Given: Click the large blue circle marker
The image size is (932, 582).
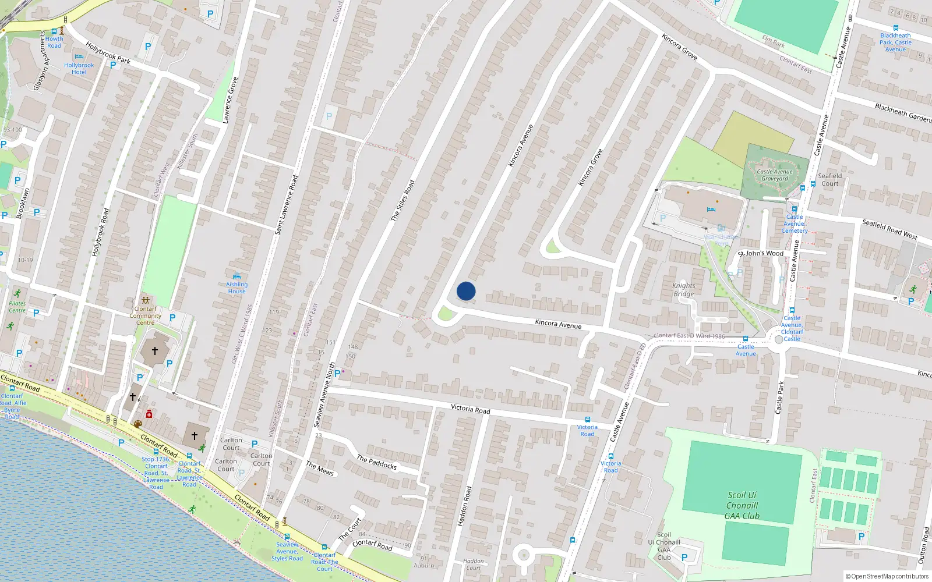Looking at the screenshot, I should [x=466, y=291].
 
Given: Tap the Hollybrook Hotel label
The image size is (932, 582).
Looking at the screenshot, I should [x=79, y=69].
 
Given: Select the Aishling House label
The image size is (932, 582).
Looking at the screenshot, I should [x=237, y=288].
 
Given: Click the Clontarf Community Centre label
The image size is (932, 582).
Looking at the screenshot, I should [x=146, y=315].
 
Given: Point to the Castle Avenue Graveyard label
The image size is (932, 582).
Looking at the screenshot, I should [x=775, y=175].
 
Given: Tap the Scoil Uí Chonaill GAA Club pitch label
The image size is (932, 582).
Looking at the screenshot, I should [x=742, y=505].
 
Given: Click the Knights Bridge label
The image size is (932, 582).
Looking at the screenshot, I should [x=684, y=289].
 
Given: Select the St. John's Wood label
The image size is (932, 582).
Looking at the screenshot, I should [x=761, y=253].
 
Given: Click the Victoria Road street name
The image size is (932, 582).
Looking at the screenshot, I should [x=471, y=409].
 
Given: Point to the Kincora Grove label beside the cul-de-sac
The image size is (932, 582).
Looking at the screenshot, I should [x=590, y=168].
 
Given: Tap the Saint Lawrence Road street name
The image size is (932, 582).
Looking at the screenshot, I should [x=286, y=205].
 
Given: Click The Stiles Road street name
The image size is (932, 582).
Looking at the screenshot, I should [x=403, y=200].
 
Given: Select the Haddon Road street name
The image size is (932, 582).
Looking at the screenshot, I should [x=464, y=506].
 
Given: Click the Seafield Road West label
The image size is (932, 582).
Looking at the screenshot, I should [x=889, y=230].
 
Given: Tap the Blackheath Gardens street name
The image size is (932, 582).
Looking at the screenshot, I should [x=903, y=113].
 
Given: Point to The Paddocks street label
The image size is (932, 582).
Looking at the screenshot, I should [x=377, y=463].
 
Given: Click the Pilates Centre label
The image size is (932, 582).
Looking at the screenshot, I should [x=17, y=307].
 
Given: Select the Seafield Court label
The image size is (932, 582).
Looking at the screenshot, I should [x=830, y=179].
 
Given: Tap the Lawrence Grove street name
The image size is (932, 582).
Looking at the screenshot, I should [x=231, y=100].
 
